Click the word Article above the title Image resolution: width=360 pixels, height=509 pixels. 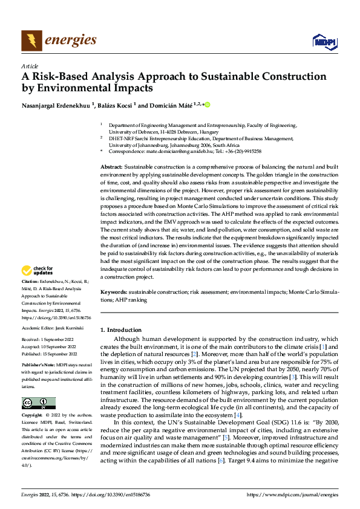point(30,66)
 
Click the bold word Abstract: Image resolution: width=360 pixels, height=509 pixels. point(111,166)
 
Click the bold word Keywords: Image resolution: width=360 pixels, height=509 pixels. point(114,292)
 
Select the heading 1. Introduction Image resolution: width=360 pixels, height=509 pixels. point(121,330)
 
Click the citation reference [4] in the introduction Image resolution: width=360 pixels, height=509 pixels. point(238,415)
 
